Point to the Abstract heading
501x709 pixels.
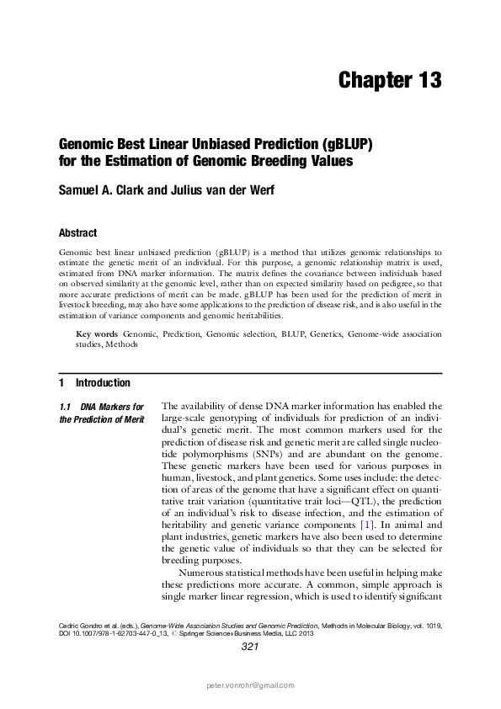pos(77,232)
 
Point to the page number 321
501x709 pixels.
pos(249,647)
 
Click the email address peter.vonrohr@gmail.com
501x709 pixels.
pos(250,686)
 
